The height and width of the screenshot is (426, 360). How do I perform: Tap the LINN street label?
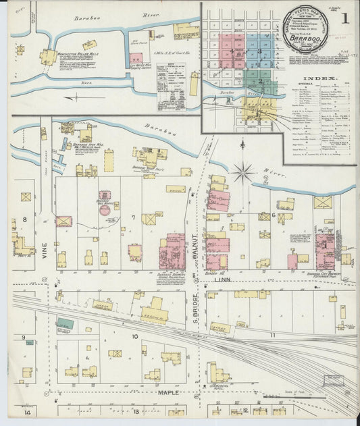pos(223,279)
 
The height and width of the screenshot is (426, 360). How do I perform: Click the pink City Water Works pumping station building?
pos(136,59)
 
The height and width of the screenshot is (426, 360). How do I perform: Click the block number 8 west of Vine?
pos(24,219)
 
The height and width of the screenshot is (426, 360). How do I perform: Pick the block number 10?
pos(134,336)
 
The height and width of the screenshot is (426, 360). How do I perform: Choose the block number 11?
pos(273,335)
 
